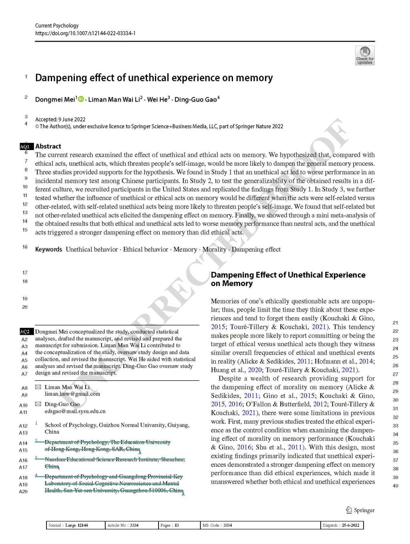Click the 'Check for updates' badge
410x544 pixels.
click(x=364, y=55)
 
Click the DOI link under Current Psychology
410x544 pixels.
click(x=85, y=33)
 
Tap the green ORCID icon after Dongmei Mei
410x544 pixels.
click(x=81, y=99)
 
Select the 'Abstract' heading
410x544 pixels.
click(x=48, y=146)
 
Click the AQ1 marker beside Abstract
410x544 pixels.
click(x=25, y=147)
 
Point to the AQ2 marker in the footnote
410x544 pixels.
click(x=25, y=332)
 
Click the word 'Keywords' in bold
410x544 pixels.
click(x=48, y=250)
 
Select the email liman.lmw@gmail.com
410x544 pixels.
click(x=72, y=394)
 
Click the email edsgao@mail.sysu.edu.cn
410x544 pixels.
click(x=75, y=411)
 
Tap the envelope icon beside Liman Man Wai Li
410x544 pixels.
click(x=38, y=387)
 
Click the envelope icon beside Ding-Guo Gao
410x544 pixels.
click(x=38, y=404)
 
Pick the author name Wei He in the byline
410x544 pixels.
click(x=157, y=100)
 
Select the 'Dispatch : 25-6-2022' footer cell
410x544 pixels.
click(x=342, y=526)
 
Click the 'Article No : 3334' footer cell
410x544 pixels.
click(x=123, y=526)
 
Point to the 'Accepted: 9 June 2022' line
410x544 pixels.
click(x=60, y=120)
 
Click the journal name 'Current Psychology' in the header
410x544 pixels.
click(x=57, y=26)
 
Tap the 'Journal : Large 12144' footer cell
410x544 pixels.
click(x=68, y=526)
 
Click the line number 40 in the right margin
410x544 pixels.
click(x=395, y=486)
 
